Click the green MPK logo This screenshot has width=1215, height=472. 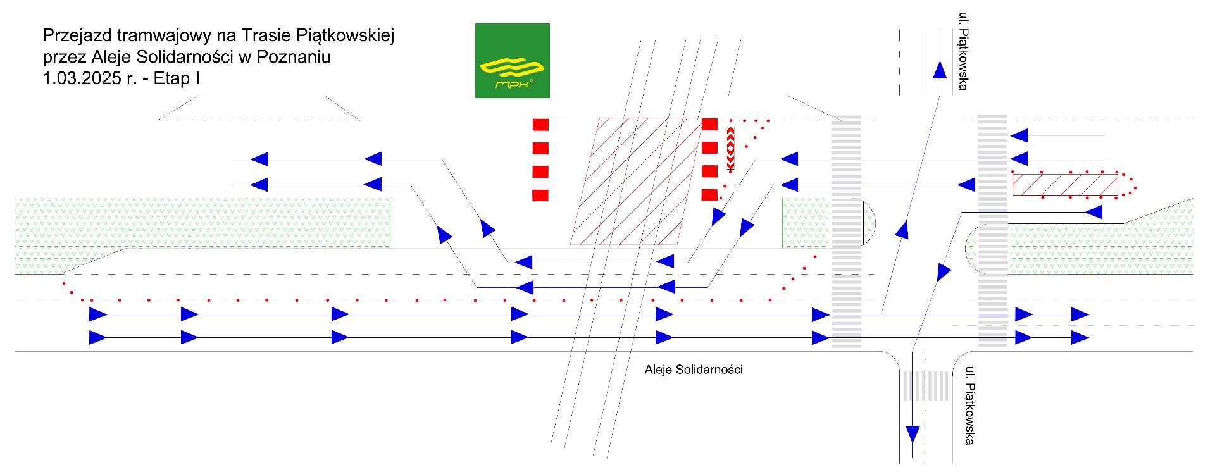(x=512, y=61)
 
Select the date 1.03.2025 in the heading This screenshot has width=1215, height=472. (x=82, y=78)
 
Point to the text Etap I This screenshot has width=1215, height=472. (x=177, y=78)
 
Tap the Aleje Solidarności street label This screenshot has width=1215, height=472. (x=694, y=370)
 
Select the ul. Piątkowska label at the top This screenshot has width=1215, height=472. (x=963, y=51)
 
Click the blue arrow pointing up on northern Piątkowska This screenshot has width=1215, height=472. (x=940, y=69)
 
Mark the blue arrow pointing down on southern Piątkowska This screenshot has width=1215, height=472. (x=913, y=434)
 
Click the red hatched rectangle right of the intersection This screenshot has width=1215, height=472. (x=1065, y=184)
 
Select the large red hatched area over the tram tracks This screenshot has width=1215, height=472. (x=636, y=181)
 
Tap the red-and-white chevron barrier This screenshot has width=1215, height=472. (x=731, y=149)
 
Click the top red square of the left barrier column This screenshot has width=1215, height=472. (x=540, y=125)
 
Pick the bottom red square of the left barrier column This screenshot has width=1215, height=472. (x=540, y=195)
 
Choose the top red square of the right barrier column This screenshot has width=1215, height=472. (x=710, y=124)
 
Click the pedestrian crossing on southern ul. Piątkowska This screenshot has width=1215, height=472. (x=926, y=385)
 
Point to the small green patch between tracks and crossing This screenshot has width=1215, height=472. (x=805, y=223)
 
